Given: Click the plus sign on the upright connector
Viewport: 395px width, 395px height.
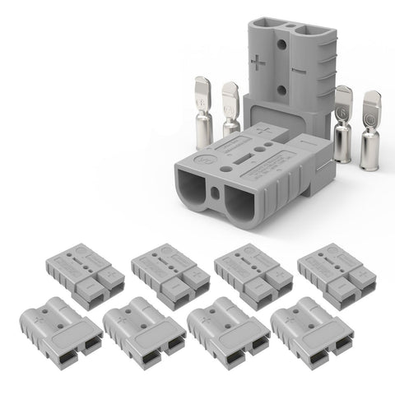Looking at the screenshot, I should coord(261,62).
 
